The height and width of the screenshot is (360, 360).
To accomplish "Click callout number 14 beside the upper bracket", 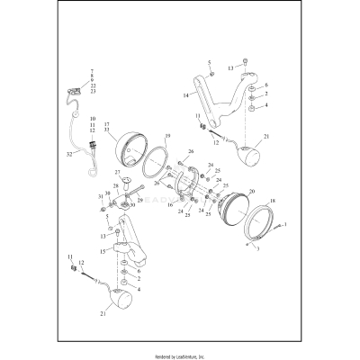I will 186,94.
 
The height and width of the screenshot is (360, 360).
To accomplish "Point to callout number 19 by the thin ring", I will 167,135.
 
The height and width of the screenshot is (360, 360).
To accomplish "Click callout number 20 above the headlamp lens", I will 251,192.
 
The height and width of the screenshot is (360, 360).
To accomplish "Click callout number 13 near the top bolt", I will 230,67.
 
